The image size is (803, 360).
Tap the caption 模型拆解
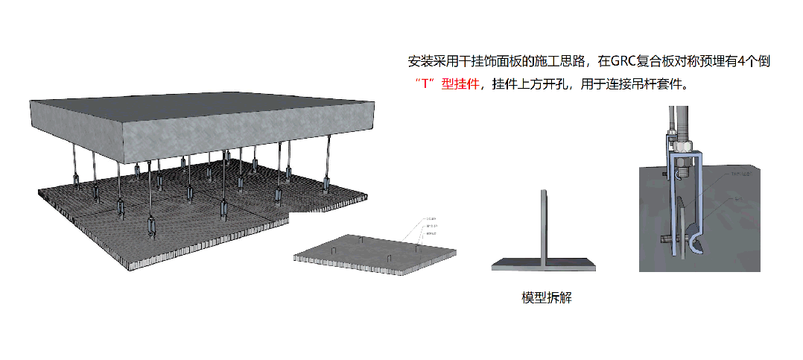(x=547, y=297)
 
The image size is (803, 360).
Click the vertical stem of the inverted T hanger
(x=545, y=224)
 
